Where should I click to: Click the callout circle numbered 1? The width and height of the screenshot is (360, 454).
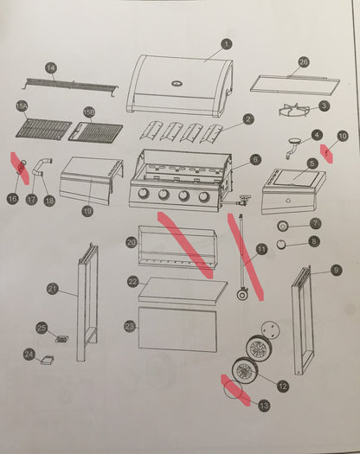pos(226,44)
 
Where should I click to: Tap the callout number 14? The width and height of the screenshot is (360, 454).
pos(50,67)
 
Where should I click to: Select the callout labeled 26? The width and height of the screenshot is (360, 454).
pos(303,62)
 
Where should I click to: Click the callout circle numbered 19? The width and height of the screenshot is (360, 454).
pos(87,210)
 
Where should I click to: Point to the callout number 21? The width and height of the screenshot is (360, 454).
pos(51,288)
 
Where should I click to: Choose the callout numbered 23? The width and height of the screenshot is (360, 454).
pos(130,326)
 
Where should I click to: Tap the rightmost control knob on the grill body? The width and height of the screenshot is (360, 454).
pos(204,195)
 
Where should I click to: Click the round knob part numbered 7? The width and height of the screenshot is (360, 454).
pos(282,225)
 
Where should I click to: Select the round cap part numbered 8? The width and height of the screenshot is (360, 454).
pos(281,244)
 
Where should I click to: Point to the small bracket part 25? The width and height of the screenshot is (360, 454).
pos(61,336)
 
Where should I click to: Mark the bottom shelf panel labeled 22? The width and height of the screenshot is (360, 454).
pos(178,290)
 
